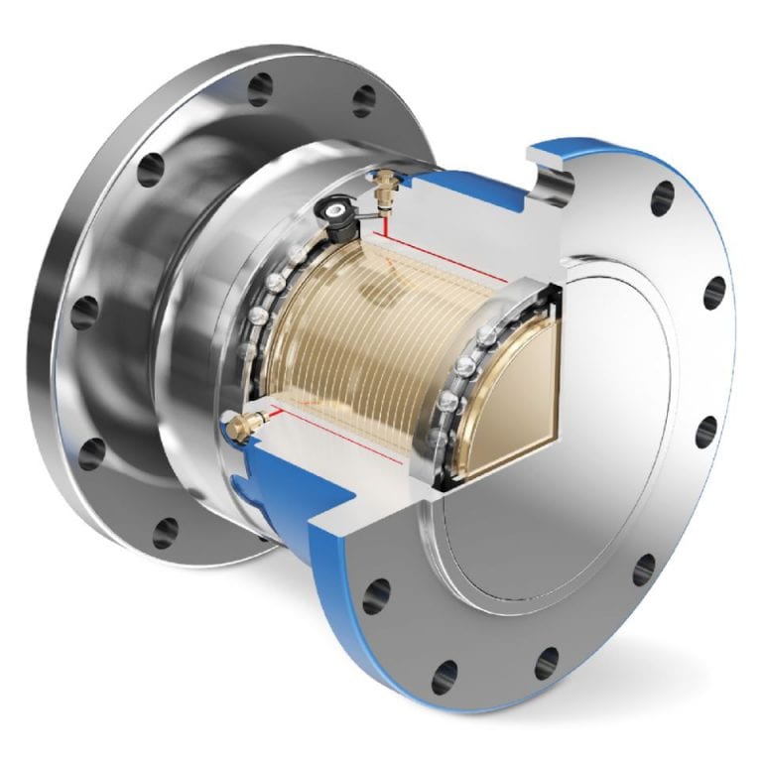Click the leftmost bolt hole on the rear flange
(x=85, y=309)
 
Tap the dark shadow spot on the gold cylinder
(x=382, y=288)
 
